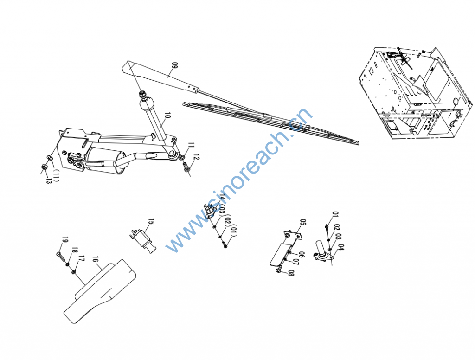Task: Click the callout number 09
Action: tap(174, 66)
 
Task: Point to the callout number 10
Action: tap(167, 116)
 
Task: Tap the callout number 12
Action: tap(196, 158)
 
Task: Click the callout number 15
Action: tap(151, 222)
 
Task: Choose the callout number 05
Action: tap(303, 223)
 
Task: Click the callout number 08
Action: tap(291, 273)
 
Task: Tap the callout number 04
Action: tap(341, 247)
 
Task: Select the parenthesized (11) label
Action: tap(56, 175)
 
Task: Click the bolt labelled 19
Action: tap(60, 257)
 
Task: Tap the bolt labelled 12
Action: tap(186, 167)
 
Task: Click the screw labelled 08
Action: tap(279, 269)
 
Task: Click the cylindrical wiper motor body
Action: tap(105, 161)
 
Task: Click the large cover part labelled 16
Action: tap(100, 291)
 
